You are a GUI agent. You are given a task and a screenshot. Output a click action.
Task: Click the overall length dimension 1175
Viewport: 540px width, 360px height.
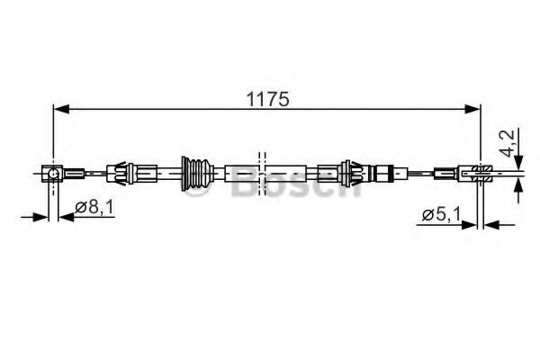(x=270, y=100)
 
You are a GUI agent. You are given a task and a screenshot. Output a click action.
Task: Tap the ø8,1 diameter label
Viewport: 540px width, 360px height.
(x=94, y=208)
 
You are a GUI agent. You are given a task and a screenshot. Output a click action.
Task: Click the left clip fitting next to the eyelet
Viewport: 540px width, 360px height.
(x=121, y=171)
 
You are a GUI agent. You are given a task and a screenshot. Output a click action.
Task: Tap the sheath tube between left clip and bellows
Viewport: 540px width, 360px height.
(x=159, y=171)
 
